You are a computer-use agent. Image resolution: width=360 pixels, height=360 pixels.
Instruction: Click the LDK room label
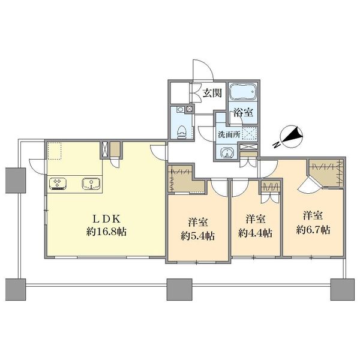pyautogui.click(x=106, y=219)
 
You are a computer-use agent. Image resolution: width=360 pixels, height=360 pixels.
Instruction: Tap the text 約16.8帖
pyautogui.click(x=106, y=232)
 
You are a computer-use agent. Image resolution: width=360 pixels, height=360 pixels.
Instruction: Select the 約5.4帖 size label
pyautogui.click(x=197, y=236)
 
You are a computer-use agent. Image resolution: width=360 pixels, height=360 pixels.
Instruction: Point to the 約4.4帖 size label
pyautogui.click(x=256, y=233)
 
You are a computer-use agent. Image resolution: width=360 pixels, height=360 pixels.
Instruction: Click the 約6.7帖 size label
pyautogui.click(x=313, y=230)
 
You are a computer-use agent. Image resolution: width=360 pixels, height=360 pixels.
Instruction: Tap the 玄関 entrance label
pyautogui.click(x=212, y=93)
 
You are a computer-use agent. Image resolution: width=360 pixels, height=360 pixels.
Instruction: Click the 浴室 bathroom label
pyautogui.click(x=244, y=113)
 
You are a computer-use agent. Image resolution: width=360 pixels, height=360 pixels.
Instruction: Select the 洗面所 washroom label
pyautogui.click(x=229, y=134)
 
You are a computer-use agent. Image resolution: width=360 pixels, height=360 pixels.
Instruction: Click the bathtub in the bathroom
pyautogui.click(x=243, y=91)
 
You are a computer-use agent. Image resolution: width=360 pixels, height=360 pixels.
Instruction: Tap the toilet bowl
pyautogui.click(x=182, y=132)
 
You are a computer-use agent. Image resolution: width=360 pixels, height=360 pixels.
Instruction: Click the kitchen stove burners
pyautogui.click(x=57, y=184)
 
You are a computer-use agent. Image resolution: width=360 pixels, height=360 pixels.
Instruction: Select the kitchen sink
pyautogui.click(x=91, y=184)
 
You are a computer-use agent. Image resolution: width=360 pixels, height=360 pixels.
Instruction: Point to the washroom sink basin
pyautogui.click(x=227, y=152)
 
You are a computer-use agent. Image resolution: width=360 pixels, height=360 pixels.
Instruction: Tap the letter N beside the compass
pyautogui.click(x=277, y=145)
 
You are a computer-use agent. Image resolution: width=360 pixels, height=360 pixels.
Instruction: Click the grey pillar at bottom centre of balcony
pyautogui.click(x=179, y=289)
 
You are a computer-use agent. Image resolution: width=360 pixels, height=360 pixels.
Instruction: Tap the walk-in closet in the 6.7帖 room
pyautogui.click(x=326, y=173)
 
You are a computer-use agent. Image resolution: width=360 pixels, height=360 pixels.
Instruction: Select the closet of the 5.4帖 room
pyautogui.click(x=186, y=181)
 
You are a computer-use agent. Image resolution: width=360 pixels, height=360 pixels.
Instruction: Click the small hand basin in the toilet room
pyautogui.click(x=181, y=109)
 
